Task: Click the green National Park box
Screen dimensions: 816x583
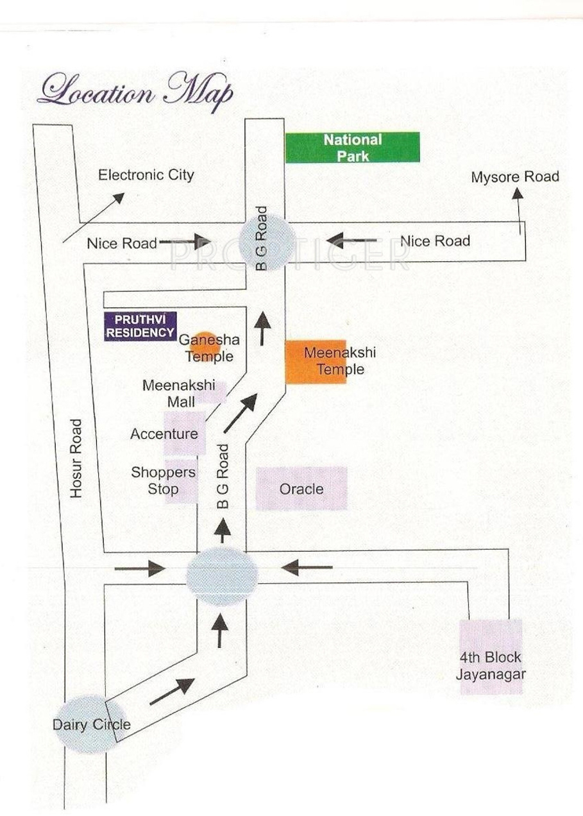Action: pos(352,147)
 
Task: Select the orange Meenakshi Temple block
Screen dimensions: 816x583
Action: pos(316,362)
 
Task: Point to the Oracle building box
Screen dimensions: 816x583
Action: pos(301,488)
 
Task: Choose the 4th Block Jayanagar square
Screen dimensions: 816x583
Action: pos(491,656)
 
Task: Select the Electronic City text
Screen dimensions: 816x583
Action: pos(146,175)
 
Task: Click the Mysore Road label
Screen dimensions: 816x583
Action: pos(515,176)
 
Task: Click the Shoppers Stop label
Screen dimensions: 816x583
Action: pos(163,480)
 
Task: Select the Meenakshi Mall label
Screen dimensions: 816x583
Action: pos(169,393)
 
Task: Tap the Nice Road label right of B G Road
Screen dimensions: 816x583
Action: pos(435,241)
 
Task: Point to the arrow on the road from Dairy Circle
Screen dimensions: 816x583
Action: pos(171,692)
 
